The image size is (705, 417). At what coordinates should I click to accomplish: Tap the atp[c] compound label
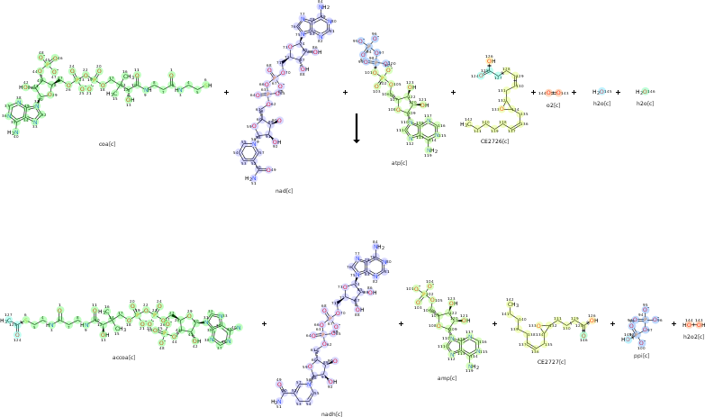pyautogui.click(x=399, y=163)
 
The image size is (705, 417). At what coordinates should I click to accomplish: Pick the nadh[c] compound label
pyautogui.click(x=331, y=413)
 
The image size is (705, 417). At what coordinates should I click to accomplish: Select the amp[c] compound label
pyautogui.click(x=447, y=377)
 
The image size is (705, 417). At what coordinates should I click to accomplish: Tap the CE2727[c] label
pyautogui.click(x=549, y=361)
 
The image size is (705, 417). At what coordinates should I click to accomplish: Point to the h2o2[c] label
pyautogui.click(x=693, y=336)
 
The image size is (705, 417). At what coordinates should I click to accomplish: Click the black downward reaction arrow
pyautogui.click(x=357, y=128)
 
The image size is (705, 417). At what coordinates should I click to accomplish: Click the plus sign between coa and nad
pyautogui.click(x=226, y=92)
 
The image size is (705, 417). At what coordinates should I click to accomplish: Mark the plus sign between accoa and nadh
pyautogui.click(x=264, y=323)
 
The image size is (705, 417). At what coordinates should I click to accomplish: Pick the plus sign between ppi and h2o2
pyautogui.click(x=673, y=323)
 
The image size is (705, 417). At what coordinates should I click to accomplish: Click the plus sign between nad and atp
pyautogui.click(x=345, y=92)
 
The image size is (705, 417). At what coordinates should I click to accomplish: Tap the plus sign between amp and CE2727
pyautogui.click(x=494, y=323)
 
